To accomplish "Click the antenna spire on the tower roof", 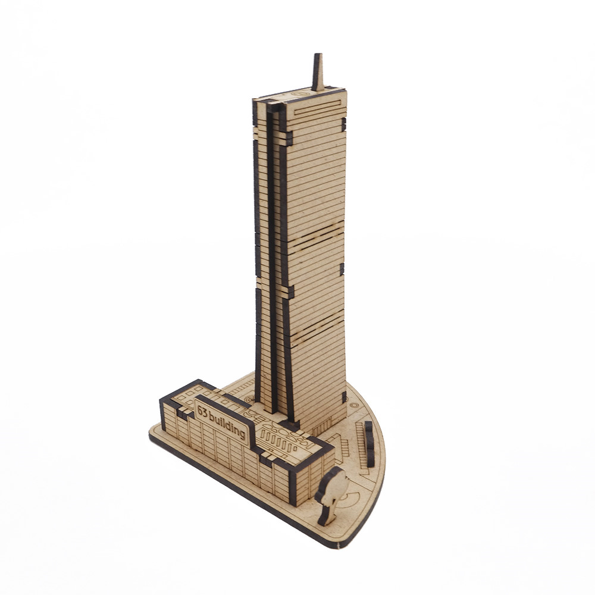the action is click(318, 72).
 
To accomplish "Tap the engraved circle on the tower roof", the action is click(300, 93).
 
